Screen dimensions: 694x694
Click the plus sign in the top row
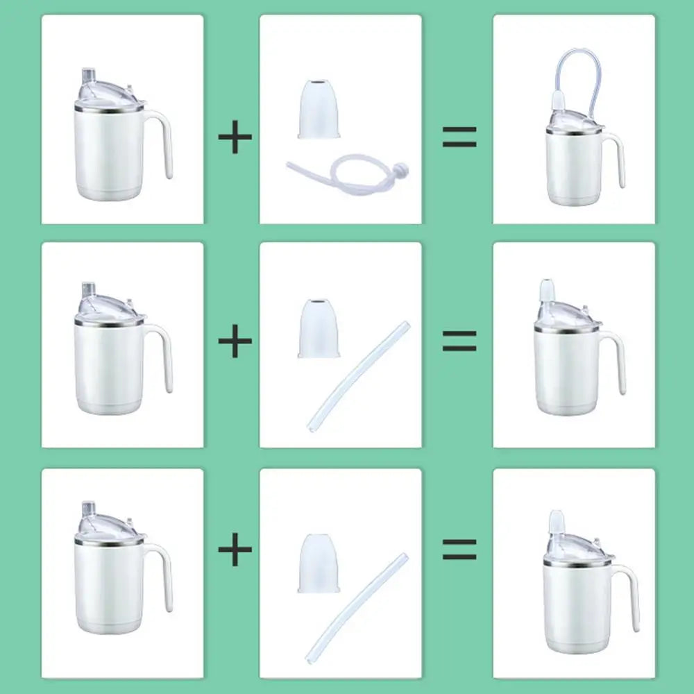tap(235, 137)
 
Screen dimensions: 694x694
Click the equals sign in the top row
tap(459, 137)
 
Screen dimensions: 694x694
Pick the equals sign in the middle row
tap(459, 341)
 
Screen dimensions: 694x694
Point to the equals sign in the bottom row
tap(459, 549)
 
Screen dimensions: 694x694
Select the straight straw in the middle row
tap(359, 375)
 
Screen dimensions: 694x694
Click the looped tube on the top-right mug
tap(579, 66)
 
